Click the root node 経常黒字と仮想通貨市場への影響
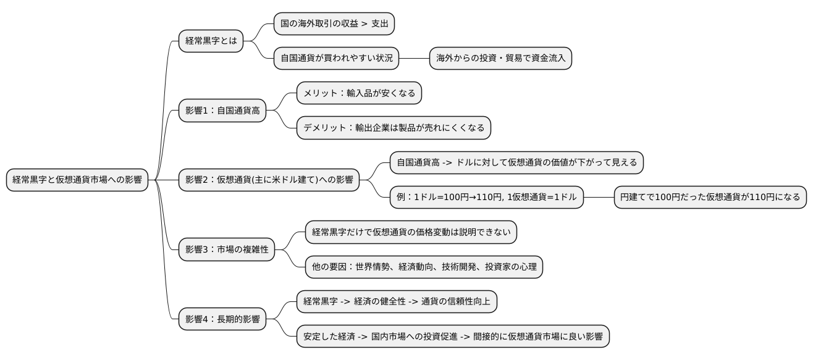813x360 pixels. pos(77,180)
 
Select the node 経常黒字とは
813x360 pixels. pos(211,41)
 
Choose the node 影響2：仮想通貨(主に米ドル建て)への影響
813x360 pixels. pos(269,180)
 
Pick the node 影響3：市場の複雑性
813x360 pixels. pos(227,250)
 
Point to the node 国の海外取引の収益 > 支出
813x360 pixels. pos(334,24)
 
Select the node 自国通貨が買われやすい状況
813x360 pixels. pos(337,59)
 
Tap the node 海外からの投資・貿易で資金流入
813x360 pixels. pos(500,59)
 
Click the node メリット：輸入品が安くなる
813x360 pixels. pos(359,93)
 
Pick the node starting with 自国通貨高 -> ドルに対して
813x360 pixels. pos(517,163)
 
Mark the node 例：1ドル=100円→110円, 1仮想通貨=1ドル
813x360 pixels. pos(487,198)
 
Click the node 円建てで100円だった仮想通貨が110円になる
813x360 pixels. pos(710,198)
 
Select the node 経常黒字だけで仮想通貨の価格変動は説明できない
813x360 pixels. pos(411,233)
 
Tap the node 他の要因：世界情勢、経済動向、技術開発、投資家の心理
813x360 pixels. pos(424,267)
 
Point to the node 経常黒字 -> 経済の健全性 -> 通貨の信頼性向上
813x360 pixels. pos(397,302)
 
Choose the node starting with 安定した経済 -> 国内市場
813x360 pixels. pos(453,337)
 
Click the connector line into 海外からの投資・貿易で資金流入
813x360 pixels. pos(414,59)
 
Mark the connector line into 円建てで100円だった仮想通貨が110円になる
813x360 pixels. pos(599,198)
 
